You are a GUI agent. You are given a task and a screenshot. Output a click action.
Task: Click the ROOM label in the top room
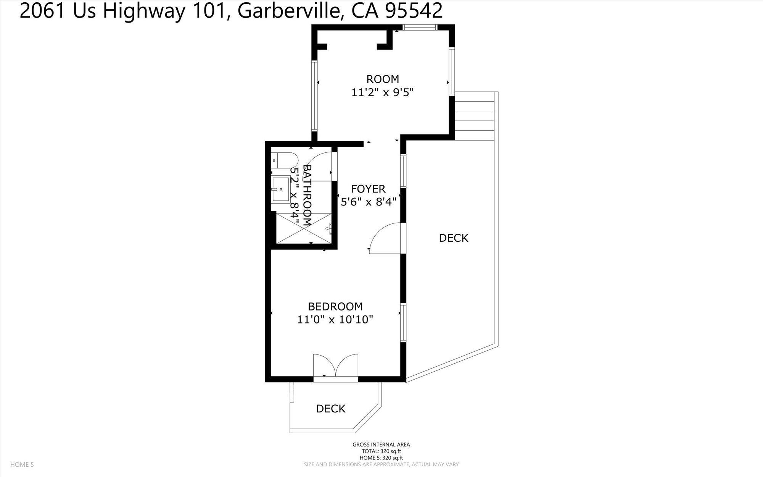[x=383, y=79]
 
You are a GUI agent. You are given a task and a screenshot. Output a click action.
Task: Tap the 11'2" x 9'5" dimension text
[x=383, y=92]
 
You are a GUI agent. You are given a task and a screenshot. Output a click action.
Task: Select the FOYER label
[x=368, y=189]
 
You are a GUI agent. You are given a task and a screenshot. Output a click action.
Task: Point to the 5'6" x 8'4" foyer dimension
[x=369, y=202]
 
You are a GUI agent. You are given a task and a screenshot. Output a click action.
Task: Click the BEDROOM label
[x=335, y=306]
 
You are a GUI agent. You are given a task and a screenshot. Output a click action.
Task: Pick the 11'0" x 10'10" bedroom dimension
[x=335, y=319]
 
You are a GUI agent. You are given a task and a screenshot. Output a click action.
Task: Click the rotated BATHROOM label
[x=307, y=195]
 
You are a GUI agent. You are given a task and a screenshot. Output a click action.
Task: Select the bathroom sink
[x=281, y=189]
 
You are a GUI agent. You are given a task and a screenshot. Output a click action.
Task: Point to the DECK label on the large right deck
[x=454, y=238]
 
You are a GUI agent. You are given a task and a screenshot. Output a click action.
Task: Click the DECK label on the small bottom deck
[x=331, y=409]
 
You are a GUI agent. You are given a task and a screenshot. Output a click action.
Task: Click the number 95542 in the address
[x=414, y=11]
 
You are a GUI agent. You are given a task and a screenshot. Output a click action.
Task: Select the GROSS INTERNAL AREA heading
[x=381, y=445]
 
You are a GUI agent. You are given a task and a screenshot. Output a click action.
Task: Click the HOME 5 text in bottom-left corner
[x=22, y=464]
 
